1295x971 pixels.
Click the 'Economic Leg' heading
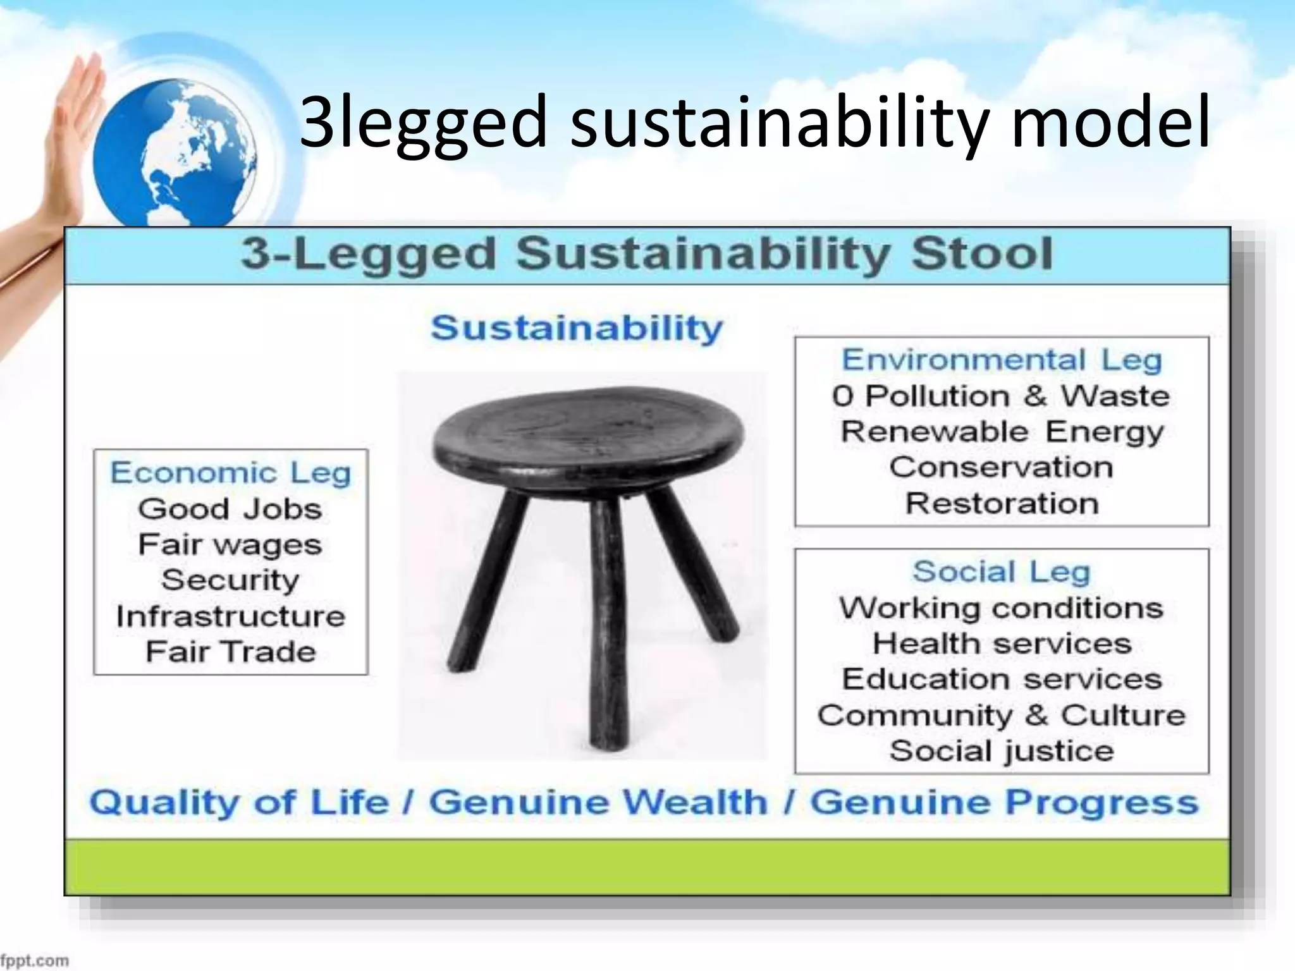coord(231,473)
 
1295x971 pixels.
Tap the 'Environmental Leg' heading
coord(1002,360)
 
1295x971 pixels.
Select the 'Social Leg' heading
coord(1002,571)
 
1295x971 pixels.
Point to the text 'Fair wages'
coord(230,545)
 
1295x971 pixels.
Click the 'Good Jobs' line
coord(230,509)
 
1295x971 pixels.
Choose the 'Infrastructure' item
coord(231,616)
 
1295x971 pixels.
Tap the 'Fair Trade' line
coord(231,652)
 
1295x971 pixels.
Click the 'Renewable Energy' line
coord(1002,432)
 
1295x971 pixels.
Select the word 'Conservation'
coord(1002,468)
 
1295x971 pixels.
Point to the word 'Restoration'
coord(1002,504)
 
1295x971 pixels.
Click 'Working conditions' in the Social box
coord(1002,608)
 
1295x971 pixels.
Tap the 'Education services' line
coord(1002,680)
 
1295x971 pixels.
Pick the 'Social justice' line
coord(1002,751)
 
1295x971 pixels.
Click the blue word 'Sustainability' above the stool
coord(577,328)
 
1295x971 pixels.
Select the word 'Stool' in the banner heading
coord(982,254)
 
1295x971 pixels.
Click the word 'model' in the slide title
coord(1110,121)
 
